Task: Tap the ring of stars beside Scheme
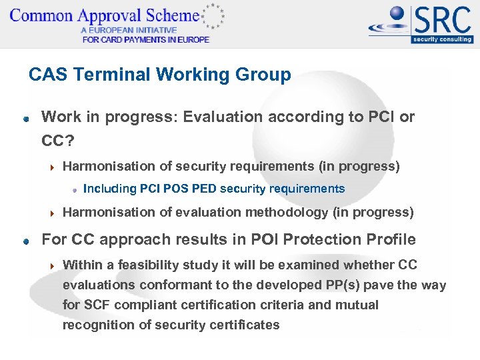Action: tap(213, 16)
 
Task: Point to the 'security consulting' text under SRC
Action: tap(442, 39)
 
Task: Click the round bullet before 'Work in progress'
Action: tap(25, 119)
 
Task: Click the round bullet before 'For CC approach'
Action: tap(25, 241)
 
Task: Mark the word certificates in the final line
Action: tap(245, 325)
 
